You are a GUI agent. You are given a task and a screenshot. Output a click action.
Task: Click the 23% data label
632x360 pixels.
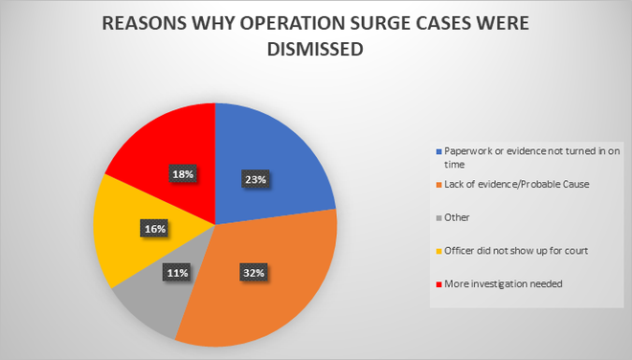[253, 177]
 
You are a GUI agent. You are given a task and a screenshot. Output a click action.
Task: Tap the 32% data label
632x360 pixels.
[254, 272]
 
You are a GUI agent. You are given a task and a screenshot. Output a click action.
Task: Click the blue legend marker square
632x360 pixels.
[439, 151]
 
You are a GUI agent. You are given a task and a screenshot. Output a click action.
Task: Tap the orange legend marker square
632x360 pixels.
[439, 184]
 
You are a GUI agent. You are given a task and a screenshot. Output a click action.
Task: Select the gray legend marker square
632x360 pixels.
[439, 217]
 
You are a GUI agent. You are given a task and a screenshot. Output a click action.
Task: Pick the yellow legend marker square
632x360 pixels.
[439, 252]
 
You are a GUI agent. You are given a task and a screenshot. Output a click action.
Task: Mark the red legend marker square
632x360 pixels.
[439, 284]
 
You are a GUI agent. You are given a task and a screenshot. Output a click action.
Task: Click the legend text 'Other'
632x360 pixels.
[456, 217]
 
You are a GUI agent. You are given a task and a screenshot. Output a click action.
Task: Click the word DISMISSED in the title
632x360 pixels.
[315, 51]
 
